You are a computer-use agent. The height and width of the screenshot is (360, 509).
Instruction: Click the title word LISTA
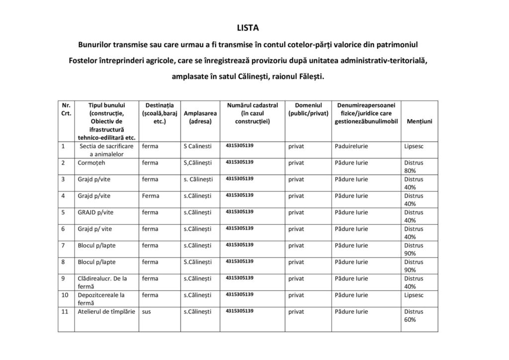[254, 28]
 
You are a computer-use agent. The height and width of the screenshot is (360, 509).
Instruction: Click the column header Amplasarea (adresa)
[200, 117]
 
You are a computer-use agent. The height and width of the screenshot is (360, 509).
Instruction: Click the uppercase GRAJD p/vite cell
[95, 212]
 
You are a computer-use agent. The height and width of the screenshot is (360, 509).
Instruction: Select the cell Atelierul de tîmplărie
[106, 312]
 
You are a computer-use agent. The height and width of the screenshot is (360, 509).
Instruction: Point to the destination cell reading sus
[147, 312]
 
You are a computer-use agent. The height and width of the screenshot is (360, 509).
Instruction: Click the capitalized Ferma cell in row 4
[151, 196]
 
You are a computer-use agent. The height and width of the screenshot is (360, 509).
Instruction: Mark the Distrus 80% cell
[414, 167]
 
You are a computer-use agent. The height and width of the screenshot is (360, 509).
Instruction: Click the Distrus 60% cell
[414, 316]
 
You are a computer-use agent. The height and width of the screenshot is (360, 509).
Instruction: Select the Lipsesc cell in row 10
[414, 295]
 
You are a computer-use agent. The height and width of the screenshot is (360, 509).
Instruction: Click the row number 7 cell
[64, 246]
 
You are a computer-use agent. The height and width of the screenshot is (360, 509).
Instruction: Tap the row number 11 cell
[65, 312]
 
